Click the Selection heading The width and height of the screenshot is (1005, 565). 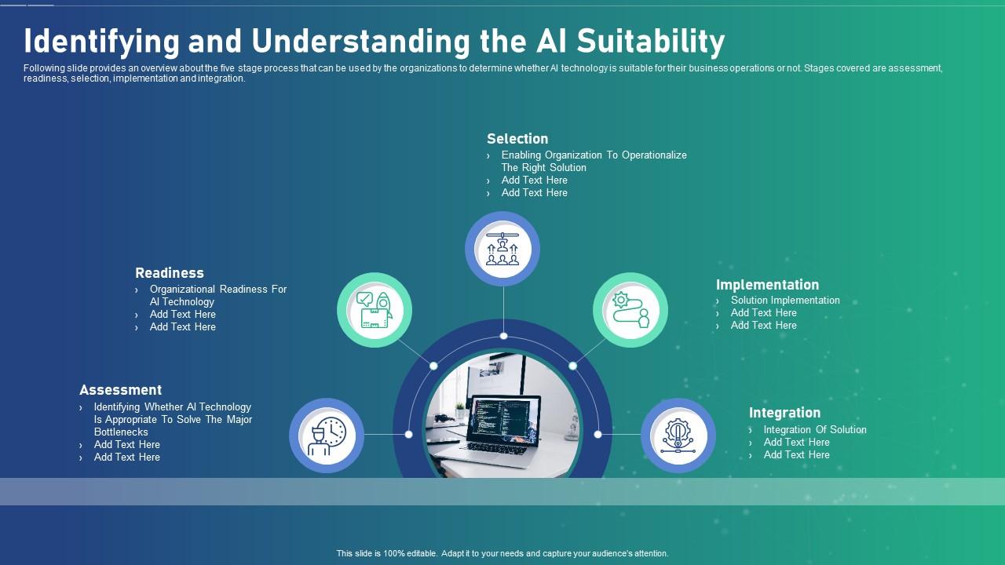[x=517, y=139]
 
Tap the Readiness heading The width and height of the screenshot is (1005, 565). [x=169, y=273]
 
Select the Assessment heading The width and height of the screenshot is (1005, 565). [x=120, y=390]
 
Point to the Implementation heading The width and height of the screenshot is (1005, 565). [x=767, y=285]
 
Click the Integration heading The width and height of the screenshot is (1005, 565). [x=784, y=413]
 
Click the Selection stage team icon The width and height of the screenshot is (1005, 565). [x=502, y=249]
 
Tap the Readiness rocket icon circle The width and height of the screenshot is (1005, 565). [x=375, y=310]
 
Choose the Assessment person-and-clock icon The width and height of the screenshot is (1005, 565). [x=327, y=436]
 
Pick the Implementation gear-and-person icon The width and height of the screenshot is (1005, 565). [x=630, y=310]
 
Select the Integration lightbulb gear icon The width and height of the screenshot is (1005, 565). [x=678, y=436]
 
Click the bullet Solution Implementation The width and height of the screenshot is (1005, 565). [x=785, y=301]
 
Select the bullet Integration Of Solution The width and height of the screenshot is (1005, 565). [x=815, y=430]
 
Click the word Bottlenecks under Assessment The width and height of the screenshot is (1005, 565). [x=121, y=432]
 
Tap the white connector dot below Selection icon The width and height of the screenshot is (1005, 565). [x=503, y=336]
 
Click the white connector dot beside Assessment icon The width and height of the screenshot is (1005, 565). [x=408, y=434]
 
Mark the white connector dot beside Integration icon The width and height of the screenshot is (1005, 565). [x=598, y=434]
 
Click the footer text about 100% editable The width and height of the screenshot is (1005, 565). [x=502, y=553]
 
